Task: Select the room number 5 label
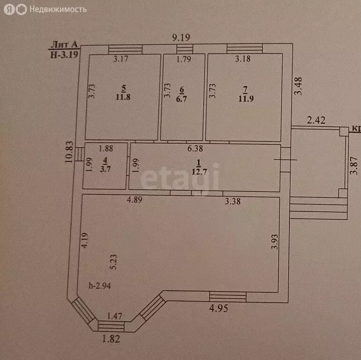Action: pos(123,87)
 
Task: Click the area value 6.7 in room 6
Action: pos(182,98)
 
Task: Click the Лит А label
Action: pos(64,45)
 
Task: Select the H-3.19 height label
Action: pos(64,54)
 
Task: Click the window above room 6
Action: pos(184,49)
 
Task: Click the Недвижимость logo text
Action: pos(58,9)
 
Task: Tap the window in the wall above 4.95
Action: pos(227,296)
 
